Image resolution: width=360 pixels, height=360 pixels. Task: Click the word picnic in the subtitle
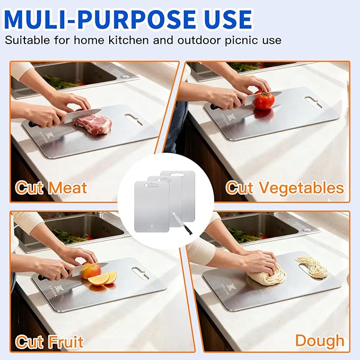(x=242, y=40)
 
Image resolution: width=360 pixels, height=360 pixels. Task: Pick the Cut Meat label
(x=51, y=188)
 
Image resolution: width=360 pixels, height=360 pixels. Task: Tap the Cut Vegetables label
(x=285, y=188)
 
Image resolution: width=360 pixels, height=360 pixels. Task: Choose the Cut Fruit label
(x=49, y=342)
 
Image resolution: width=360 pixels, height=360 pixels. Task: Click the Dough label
(x=320, y=340)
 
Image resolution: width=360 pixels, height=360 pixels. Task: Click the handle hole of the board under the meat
(x=134, y=120)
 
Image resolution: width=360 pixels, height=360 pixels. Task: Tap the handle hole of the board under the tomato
(x=314, y=102)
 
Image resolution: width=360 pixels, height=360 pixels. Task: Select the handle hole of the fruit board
(x=141, y=273)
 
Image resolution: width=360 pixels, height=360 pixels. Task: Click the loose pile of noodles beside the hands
(x=313, y=267)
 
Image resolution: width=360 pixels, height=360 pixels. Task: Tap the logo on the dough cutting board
(x=228, y=287)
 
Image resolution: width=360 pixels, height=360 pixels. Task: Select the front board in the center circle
(x=152, y=206)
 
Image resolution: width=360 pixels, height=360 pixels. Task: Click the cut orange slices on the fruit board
(x=103, y=278)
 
